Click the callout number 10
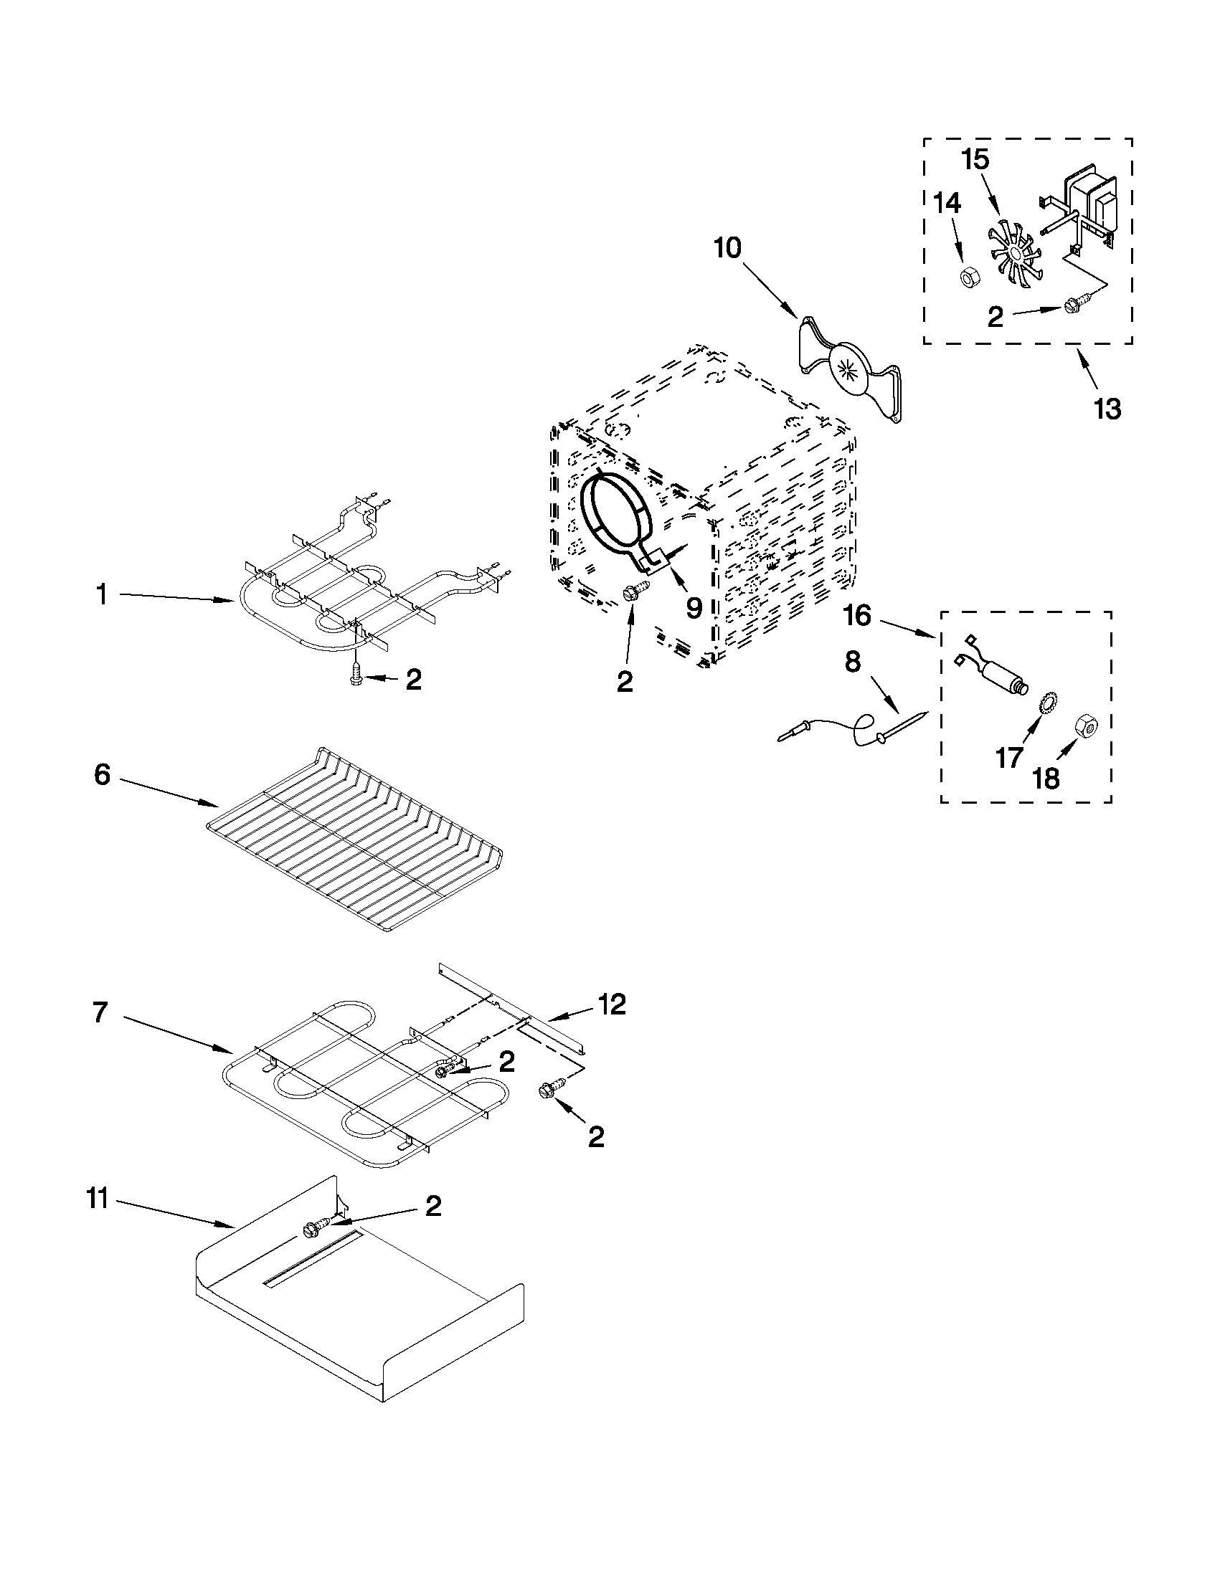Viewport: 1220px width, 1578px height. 727,249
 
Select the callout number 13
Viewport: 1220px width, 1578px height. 1107,409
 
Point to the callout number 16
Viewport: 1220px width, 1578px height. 857,617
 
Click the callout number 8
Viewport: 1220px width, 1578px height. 853,662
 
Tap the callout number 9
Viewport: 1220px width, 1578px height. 693,609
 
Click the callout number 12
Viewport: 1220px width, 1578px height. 612,1004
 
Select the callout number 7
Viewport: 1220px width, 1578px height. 101,1012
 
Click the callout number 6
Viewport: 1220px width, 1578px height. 103,775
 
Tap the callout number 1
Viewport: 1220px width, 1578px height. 103,595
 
